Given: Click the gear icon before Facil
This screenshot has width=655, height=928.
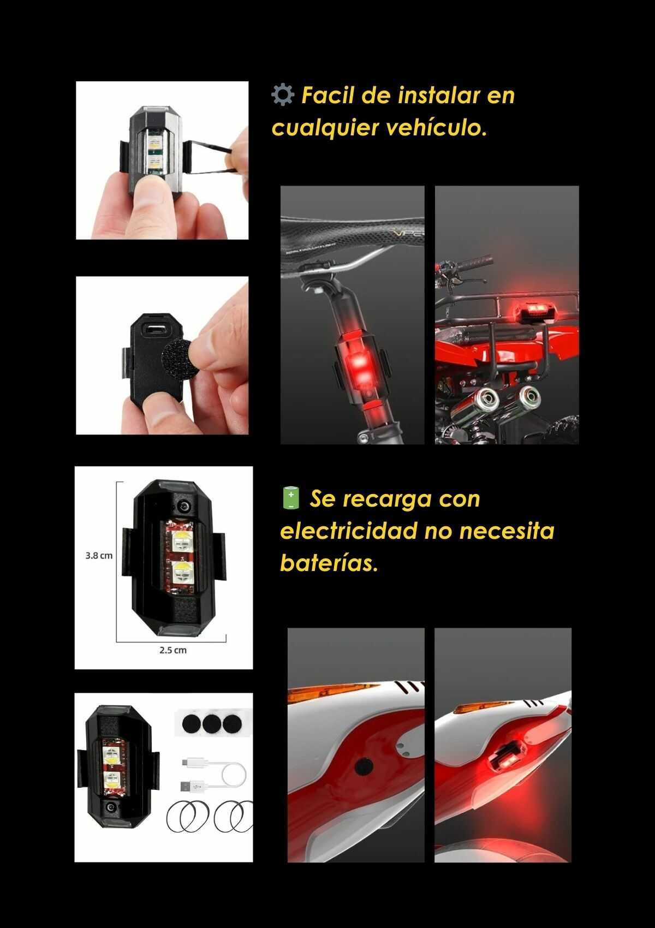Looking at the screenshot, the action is click(x=283, y=95).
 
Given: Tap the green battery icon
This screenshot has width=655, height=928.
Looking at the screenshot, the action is click(x=291, y=498).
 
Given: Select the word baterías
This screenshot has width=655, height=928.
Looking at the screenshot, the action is click(x=329, y=562).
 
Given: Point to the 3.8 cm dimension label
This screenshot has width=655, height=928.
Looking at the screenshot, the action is click(x=99, y=556).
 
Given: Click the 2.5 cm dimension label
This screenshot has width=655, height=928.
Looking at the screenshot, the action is click(x=173, y=650).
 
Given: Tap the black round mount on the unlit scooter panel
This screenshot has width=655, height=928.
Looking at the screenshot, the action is click(x=364, y=765).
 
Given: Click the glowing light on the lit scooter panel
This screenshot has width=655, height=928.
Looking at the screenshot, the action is click(x=507, y=758).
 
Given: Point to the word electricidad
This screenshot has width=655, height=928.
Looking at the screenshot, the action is click(x=348, y=530).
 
